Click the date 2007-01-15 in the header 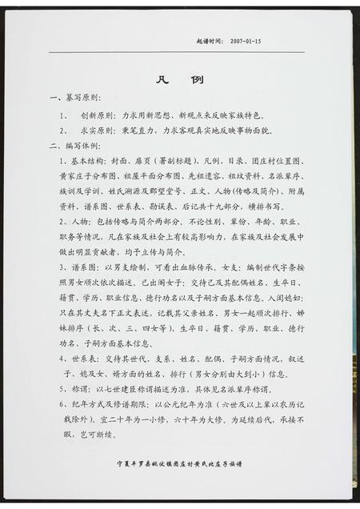point(246,39)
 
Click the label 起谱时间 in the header point(209,39)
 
